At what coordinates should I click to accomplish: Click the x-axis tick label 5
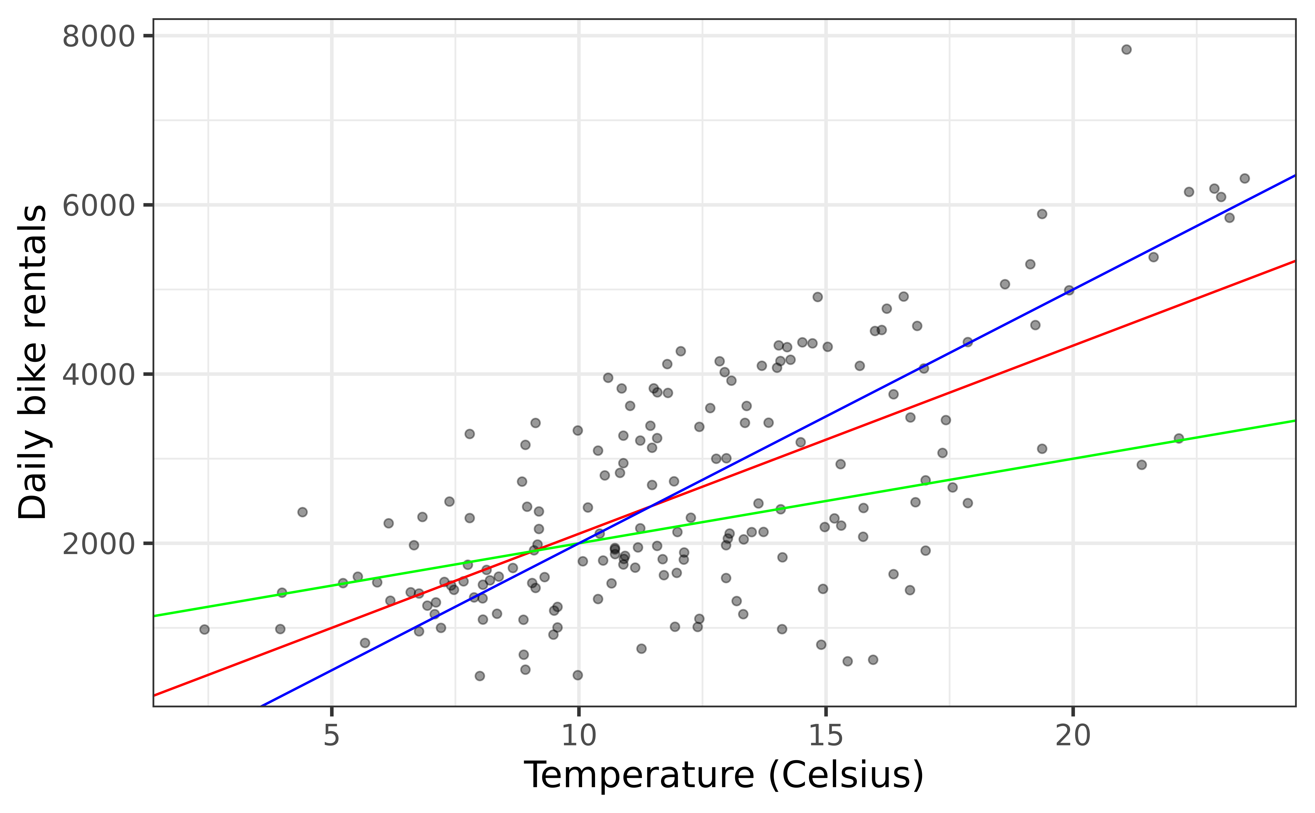tap(331, 736)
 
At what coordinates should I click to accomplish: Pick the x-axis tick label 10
tap(579, 736)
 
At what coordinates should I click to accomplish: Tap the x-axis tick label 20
tap(1073, 736)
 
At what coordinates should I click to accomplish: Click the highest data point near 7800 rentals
tap(1126, 50)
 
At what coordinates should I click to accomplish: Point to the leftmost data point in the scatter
tap(204, 629)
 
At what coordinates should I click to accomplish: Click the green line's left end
tap(154, 616)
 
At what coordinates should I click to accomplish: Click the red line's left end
tap(154, 695)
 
